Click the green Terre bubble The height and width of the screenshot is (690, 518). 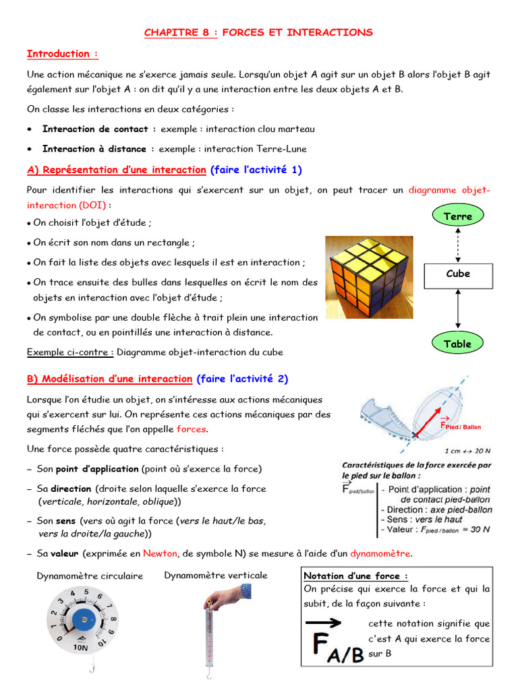point(458,216)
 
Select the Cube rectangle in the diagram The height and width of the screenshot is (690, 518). point(458,274)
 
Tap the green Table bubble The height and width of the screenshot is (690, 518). point(458,344)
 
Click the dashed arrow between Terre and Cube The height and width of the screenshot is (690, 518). point(458,245)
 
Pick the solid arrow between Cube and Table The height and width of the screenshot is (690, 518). point(458,309)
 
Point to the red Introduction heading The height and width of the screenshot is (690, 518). point(62,54)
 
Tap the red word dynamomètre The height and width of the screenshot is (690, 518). point(380,553)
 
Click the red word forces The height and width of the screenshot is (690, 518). point(192,429)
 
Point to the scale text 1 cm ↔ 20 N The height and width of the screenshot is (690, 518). point(467,451)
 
